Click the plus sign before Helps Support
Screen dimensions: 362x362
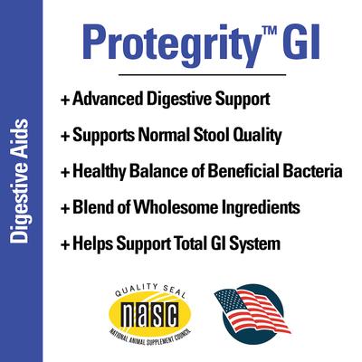pyautogui.click(x=65, y=244)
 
